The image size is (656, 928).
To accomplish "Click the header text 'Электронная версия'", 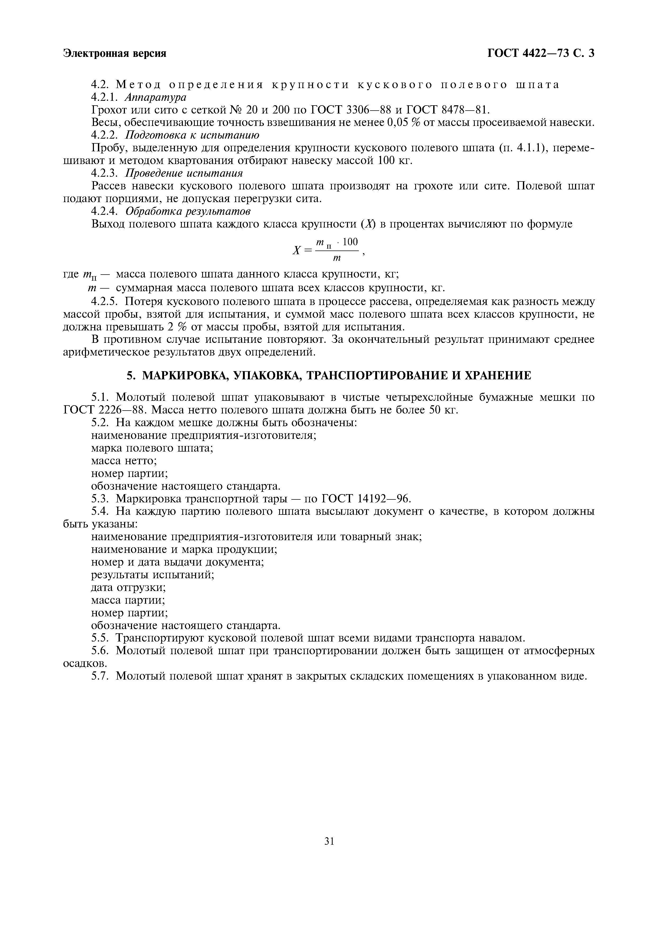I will [x=115, y=54].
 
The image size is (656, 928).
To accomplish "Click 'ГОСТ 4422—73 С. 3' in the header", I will [x=541, y=54].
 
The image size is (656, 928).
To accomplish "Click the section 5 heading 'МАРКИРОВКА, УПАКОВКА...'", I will [x=329, y=376].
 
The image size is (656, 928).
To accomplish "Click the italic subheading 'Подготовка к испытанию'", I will [x=192, y=135].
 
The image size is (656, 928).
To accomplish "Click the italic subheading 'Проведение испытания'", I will [x=184, y=173].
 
